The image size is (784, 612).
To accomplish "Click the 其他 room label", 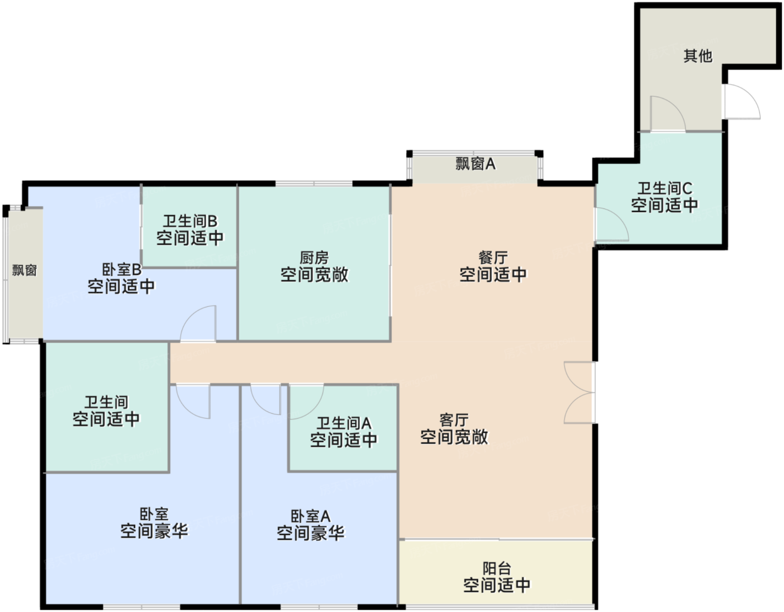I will [697, 55].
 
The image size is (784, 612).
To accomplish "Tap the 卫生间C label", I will [664, 188].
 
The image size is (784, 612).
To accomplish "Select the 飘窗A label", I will [475, 163].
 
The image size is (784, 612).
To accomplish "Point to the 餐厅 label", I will [493, 258].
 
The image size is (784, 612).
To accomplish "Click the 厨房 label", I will [314, 258].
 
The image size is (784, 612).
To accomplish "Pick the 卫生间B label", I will [190, 221].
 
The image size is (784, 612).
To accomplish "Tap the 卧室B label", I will [122, 269].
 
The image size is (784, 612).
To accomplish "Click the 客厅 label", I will [454, 420].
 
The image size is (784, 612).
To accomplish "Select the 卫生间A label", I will [344, 423].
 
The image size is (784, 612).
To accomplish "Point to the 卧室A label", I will [310, 516].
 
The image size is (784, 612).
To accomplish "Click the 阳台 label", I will [497, 568].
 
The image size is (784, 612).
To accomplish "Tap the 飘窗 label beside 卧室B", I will [25, 270].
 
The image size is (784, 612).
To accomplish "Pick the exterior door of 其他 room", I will [740, 102].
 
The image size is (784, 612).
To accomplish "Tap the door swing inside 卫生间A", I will [305, 400].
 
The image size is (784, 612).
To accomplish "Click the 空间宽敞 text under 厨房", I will [314, 274].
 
